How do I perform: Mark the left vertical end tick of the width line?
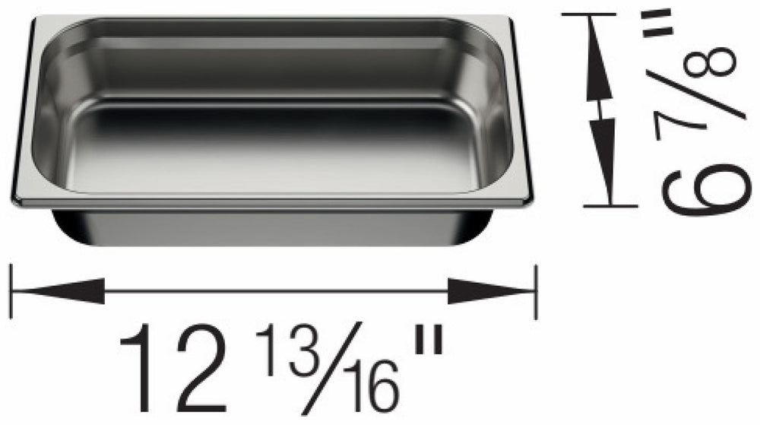point(11,291)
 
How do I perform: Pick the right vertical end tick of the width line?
point(537,291)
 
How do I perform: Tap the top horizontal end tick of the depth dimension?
point(588,14)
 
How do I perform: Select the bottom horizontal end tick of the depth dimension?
point(610,205)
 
